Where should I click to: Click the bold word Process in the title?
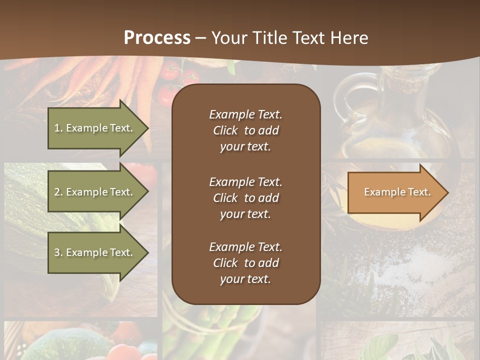(157, 38)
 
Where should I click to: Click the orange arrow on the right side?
(395, 192)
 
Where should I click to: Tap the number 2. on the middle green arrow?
(58, 192)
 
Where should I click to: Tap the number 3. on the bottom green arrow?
(58, 252)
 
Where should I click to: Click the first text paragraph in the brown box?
(245, 130)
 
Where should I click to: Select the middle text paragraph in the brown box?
(245, 198)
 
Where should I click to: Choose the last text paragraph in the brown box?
(245, 263)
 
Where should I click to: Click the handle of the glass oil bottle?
(345, 95)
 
